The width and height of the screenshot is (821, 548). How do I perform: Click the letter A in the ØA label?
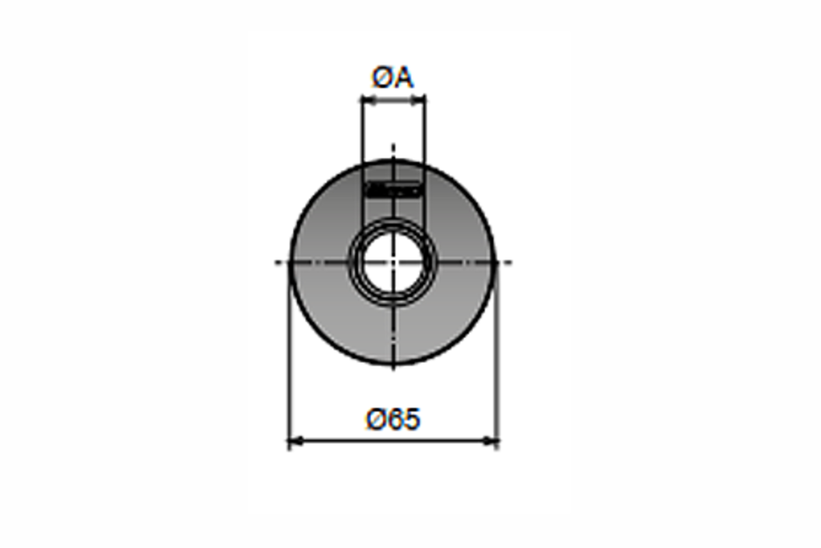point(404,77)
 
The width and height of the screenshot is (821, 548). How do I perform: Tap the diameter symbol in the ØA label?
point(382,77)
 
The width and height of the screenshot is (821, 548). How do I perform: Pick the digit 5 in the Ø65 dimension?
point(411,419)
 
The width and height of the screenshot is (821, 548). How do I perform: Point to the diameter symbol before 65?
point(377,419)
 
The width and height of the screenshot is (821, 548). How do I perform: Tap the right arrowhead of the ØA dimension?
point(418,100)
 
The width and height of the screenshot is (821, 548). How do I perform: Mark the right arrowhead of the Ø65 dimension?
point(491,441)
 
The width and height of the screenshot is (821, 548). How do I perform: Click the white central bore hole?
point(393,262)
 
